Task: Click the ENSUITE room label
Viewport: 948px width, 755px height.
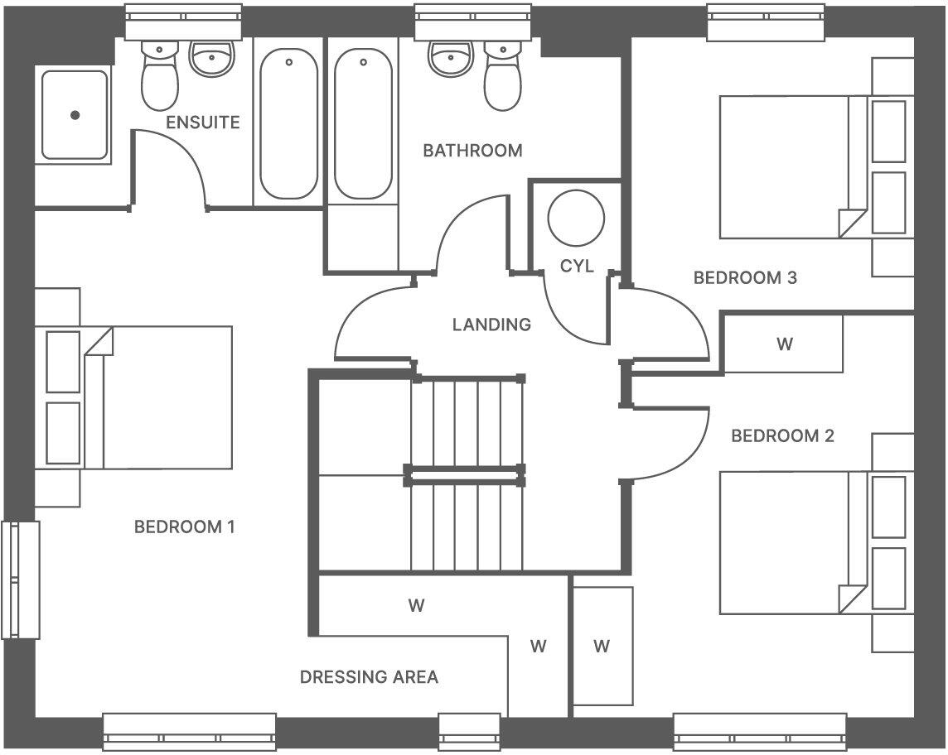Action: pos(203,123)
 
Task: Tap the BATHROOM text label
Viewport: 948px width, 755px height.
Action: pos(472,151)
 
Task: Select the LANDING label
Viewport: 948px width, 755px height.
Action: pos(491,325)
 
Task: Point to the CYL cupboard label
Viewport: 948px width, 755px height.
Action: pos(577,267)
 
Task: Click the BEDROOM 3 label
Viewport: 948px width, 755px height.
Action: pos(745,278)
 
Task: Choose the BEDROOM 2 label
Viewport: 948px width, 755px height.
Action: pos(782,436)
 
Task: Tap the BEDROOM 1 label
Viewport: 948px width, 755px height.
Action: pos(185,527)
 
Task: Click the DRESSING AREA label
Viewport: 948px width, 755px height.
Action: pos(369,677)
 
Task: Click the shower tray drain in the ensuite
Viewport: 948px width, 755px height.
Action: pos(75,116)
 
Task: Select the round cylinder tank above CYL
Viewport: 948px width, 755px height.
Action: pos(577,218)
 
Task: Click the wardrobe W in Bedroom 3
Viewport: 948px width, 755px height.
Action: pos(784,344)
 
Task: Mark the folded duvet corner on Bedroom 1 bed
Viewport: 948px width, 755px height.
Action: pos(98,341)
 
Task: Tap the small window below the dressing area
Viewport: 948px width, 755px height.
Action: pos(469,732)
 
